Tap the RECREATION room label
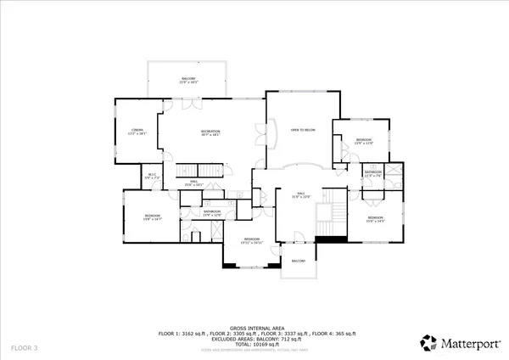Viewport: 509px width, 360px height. [x=210, y=132]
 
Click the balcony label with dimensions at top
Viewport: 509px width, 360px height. [x=188, y=81]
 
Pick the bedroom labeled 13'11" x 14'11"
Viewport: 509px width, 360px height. [x=252, y=241]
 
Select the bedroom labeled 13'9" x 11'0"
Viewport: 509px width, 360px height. [x=363, y=141]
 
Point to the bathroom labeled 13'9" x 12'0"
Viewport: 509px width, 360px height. [x=212, y=213]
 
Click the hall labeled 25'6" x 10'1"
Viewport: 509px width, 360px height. [x=193, y=183]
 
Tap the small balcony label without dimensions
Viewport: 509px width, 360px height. [x=299, y=262]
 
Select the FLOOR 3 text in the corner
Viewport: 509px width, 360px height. [x=24, y=348]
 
